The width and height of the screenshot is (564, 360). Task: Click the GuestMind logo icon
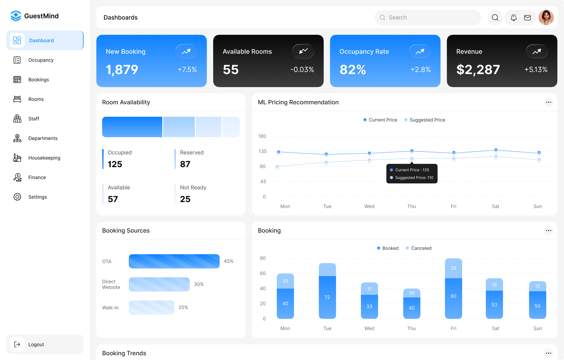[16, 16]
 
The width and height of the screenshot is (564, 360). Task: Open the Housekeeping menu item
[44, 158]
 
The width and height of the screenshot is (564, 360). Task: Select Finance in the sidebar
[37, 177]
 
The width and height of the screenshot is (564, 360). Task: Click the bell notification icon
[514, 18]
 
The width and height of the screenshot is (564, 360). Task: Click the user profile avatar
[546, 17]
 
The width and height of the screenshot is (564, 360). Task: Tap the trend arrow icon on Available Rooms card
[303, 51]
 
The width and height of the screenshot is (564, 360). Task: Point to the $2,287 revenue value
[478, 70]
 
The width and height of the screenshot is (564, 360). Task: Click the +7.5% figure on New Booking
[187, 70]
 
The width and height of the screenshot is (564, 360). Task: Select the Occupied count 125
[115, 164]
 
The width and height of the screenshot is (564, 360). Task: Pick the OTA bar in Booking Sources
[174, 261]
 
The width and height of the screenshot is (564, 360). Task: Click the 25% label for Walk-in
[183, 308]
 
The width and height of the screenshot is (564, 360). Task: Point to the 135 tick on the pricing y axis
[262, 151]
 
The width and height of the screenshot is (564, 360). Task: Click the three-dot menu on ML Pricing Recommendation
[548, 102]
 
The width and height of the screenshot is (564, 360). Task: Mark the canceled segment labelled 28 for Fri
[453, 268]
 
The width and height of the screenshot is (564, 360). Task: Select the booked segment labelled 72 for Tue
[327, 297]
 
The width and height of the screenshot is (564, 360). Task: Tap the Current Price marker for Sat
[496, 150]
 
